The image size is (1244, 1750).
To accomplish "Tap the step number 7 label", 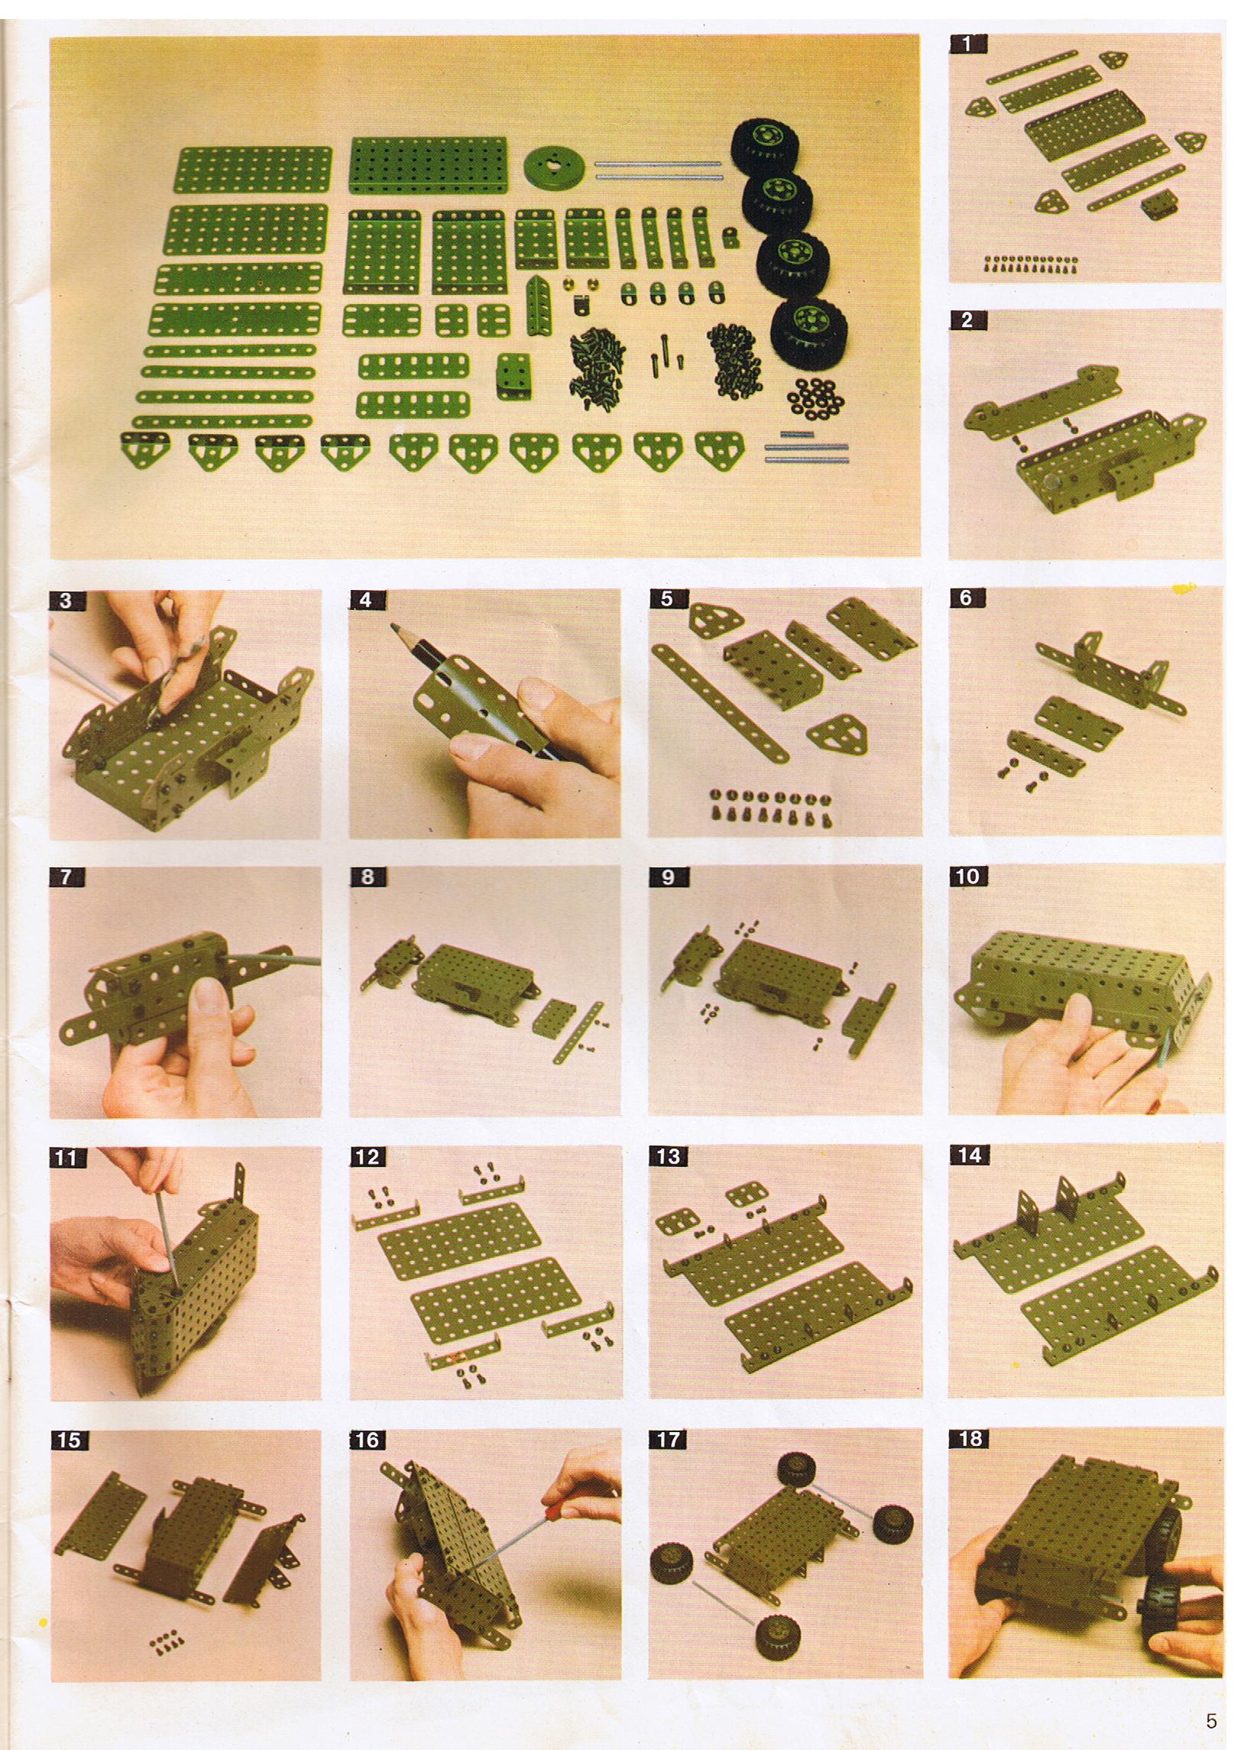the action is tap(66, 877).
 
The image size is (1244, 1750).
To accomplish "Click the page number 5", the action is tap(1211, 1700).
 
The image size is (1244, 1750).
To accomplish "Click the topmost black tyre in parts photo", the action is tap(767, 146).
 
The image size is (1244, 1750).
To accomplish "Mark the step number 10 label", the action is tap(968, 877).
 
